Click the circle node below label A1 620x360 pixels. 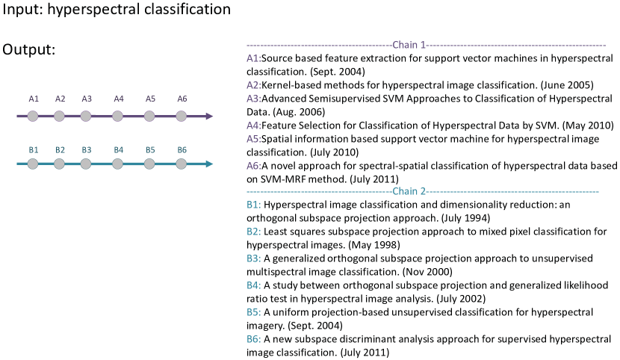click(x=33, y=116)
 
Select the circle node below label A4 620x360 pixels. click(x=117, y=116)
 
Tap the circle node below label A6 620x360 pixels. click(x=181, y=116)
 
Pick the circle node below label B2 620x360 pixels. click(x=59, y=164)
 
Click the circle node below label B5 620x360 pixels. click(x=149, y=164)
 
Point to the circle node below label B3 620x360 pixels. click(x=86, y=164)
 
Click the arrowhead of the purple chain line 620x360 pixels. click(x=209, y=116)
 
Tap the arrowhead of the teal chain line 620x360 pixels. click(x=209, y=164)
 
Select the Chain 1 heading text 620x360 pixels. click(x=409, y=45)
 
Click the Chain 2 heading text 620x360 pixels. click(x=409, y=192)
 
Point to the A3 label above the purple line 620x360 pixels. click(x=87, y=99)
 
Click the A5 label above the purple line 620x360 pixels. click(x=150, y=99)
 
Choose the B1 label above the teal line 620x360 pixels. click(x=34, y=150)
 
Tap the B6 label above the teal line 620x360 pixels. click(x=182, y=150)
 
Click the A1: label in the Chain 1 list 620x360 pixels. click(x=254, y=58)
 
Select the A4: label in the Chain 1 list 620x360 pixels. click(x=254, y=125)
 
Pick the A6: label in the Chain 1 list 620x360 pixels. click(x=254, y=166)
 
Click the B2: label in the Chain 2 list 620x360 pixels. click(x=254, y=232)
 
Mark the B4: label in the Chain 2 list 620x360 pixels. click(x=254, y=285)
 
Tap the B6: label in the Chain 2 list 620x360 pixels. click(x=254, y=339)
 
